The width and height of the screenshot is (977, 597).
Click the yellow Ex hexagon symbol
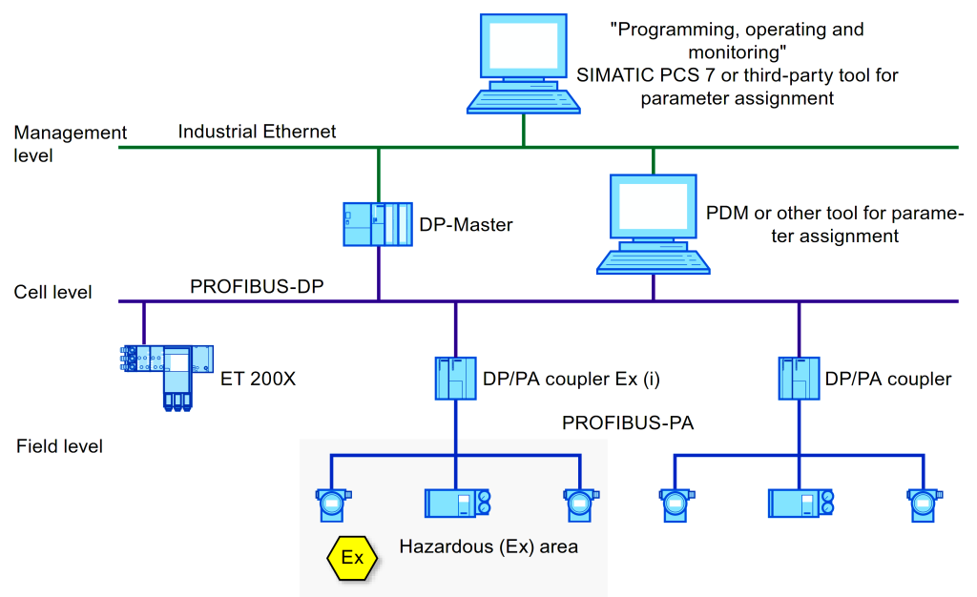pos(352,557)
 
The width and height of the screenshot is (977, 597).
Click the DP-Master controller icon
pos(377,226)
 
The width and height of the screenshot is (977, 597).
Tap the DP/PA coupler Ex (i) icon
pos(455,379)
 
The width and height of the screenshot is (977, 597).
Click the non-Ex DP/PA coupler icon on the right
pos(798,379)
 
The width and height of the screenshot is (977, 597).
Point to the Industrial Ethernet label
pos(257,132)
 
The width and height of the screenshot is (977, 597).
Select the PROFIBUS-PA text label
pos(628,422)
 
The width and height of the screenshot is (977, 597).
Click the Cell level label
pos(53,292)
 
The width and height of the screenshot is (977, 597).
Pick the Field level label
pos(59,445)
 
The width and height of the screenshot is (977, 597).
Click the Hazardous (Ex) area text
pos(488,547)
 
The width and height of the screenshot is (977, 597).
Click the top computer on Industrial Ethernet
pos(523,63)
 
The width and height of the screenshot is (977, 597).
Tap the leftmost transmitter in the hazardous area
pos(332,503)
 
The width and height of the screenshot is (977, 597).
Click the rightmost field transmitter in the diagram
pos(921,503)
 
